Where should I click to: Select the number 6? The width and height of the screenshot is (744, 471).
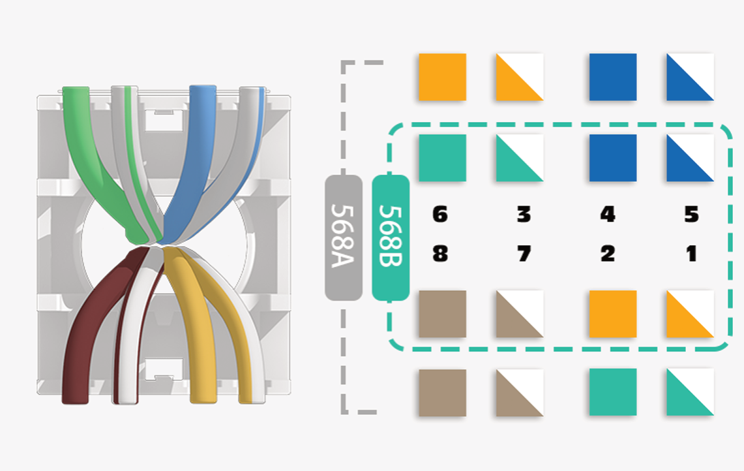point(441,214)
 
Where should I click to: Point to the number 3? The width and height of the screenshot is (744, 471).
point(524,214)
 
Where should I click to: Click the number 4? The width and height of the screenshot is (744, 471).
point(608,214)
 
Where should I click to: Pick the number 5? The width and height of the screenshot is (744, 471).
point(692,214)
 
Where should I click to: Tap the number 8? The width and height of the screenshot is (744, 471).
point(441,253)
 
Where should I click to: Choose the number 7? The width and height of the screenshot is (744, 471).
point(524,253)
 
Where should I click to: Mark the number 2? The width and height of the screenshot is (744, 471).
point(608,253)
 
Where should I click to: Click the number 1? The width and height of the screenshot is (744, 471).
point(692,253)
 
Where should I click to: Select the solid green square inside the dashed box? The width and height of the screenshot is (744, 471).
point(442,158)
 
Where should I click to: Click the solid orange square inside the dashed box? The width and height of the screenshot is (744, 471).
point(612,314)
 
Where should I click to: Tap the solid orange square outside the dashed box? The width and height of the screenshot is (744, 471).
point(442,77)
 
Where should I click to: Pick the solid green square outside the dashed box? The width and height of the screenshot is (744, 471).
point(612,392)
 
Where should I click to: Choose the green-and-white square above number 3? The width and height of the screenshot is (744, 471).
point(520,158)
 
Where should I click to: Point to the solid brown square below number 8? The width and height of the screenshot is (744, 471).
point(442,314)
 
